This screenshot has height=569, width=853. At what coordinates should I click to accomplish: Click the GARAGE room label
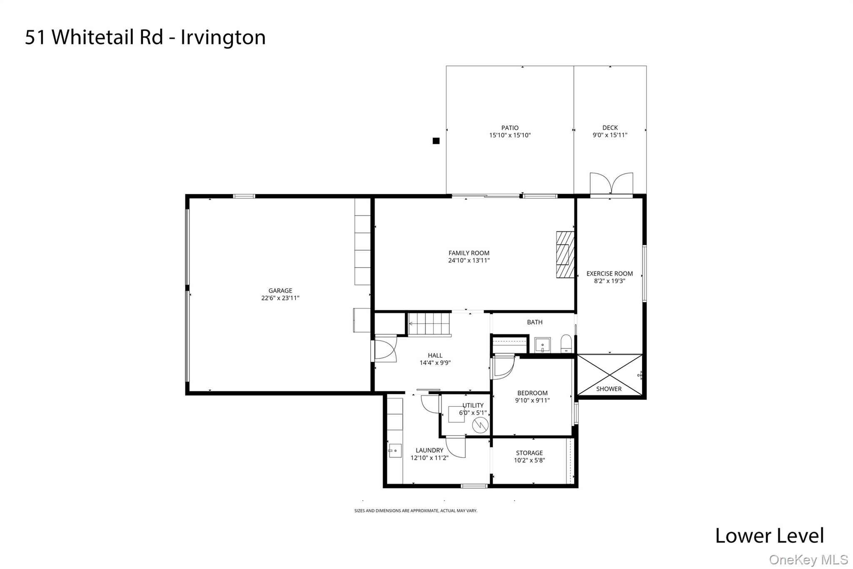coord(280,291)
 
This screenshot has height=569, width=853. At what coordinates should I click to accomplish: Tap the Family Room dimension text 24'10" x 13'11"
coord(469,261)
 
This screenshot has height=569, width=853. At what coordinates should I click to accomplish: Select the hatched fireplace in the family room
coord(565,255)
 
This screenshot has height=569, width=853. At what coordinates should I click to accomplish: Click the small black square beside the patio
coord(436,141)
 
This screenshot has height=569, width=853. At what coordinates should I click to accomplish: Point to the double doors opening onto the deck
coord(611,184)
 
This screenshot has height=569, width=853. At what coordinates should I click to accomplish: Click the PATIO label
coord(510,128)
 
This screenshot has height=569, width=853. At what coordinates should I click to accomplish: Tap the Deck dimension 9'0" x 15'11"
coord(610,135)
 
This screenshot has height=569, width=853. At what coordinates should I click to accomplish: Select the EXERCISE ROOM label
coord(609,274)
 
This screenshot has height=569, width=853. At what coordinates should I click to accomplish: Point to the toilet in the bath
coord(566,344)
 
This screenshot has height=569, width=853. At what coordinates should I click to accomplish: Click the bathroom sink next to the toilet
coord(542,345)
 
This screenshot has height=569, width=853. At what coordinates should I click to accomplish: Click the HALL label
coord(435,356)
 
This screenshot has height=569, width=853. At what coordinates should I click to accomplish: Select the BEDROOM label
coord(532,393)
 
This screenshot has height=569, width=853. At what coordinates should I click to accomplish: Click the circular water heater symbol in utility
coord(479,425)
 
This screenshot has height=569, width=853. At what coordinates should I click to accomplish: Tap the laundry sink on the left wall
coord(394,451)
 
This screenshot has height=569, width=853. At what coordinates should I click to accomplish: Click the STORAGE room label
coord(529,453)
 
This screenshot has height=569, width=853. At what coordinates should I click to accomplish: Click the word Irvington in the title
coord(223,37)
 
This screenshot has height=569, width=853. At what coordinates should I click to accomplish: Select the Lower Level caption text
coord(769,536)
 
